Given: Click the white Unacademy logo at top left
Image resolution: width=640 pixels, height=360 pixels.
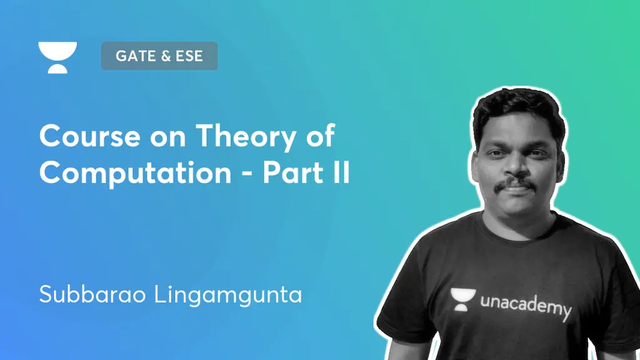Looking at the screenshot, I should [x=57, y=57].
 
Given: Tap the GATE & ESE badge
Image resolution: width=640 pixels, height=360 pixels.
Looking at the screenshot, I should [x=159, y=56].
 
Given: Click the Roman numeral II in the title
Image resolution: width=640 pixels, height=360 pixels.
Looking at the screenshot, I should [x=341, y=172].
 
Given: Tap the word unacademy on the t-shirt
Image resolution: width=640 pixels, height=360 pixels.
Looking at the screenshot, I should [x=526, y=307].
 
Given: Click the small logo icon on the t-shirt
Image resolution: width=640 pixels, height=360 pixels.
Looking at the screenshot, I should [x=462, y=299].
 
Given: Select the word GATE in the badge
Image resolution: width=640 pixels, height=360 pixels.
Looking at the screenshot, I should [x=133, y=56].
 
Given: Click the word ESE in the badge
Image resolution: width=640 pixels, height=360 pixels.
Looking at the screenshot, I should [x=189, y=56].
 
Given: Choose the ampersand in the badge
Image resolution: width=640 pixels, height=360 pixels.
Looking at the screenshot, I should [x=166, y=56].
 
